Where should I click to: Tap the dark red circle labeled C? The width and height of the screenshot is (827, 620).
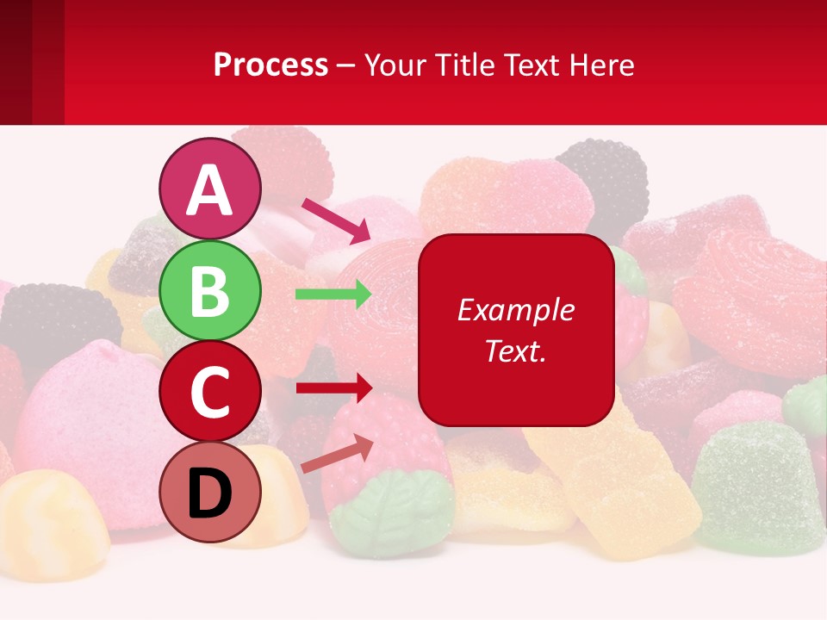[x=210, y=392]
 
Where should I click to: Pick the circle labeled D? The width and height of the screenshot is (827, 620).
[x=210, y=493]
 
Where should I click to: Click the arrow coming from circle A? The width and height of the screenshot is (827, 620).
[x=335, y=220]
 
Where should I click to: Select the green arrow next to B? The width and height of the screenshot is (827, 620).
[x=333, y=294]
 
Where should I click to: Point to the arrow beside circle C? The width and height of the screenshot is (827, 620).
[x=333, y=387]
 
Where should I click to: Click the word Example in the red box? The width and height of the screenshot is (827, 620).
[x=515, y=310]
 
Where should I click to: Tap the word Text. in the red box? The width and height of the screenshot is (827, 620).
[x=515, y=350]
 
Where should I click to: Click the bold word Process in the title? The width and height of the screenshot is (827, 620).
[x=270, y=65]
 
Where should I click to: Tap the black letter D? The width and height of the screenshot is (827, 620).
[x=210, y=493]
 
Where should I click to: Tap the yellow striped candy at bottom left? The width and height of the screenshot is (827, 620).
[x=52, y=517]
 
